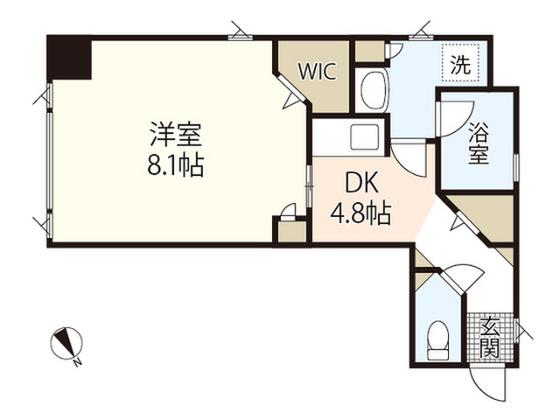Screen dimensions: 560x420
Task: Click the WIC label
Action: (317, 72)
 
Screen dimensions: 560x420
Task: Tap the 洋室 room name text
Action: (176, 134)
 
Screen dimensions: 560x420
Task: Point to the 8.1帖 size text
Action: (176, 165)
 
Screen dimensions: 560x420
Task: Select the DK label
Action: (361, 185)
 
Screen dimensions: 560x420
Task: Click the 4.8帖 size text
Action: (360, 213)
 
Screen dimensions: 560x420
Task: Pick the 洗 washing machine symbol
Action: (460, 63)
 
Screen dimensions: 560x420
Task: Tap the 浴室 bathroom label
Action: (478, 143)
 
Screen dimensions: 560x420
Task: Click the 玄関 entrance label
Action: (490, 337)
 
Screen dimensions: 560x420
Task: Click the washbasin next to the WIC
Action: (374, 91)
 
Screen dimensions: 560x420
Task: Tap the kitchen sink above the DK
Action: (365, 137)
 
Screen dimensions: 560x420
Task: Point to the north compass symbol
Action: (66, 345)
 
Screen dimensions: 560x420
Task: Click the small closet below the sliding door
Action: (292, 231)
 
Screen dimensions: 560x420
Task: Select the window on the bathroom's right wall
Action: (516, 167)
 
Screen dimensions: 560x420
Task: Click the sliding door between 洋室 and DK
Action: (309, 185)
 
